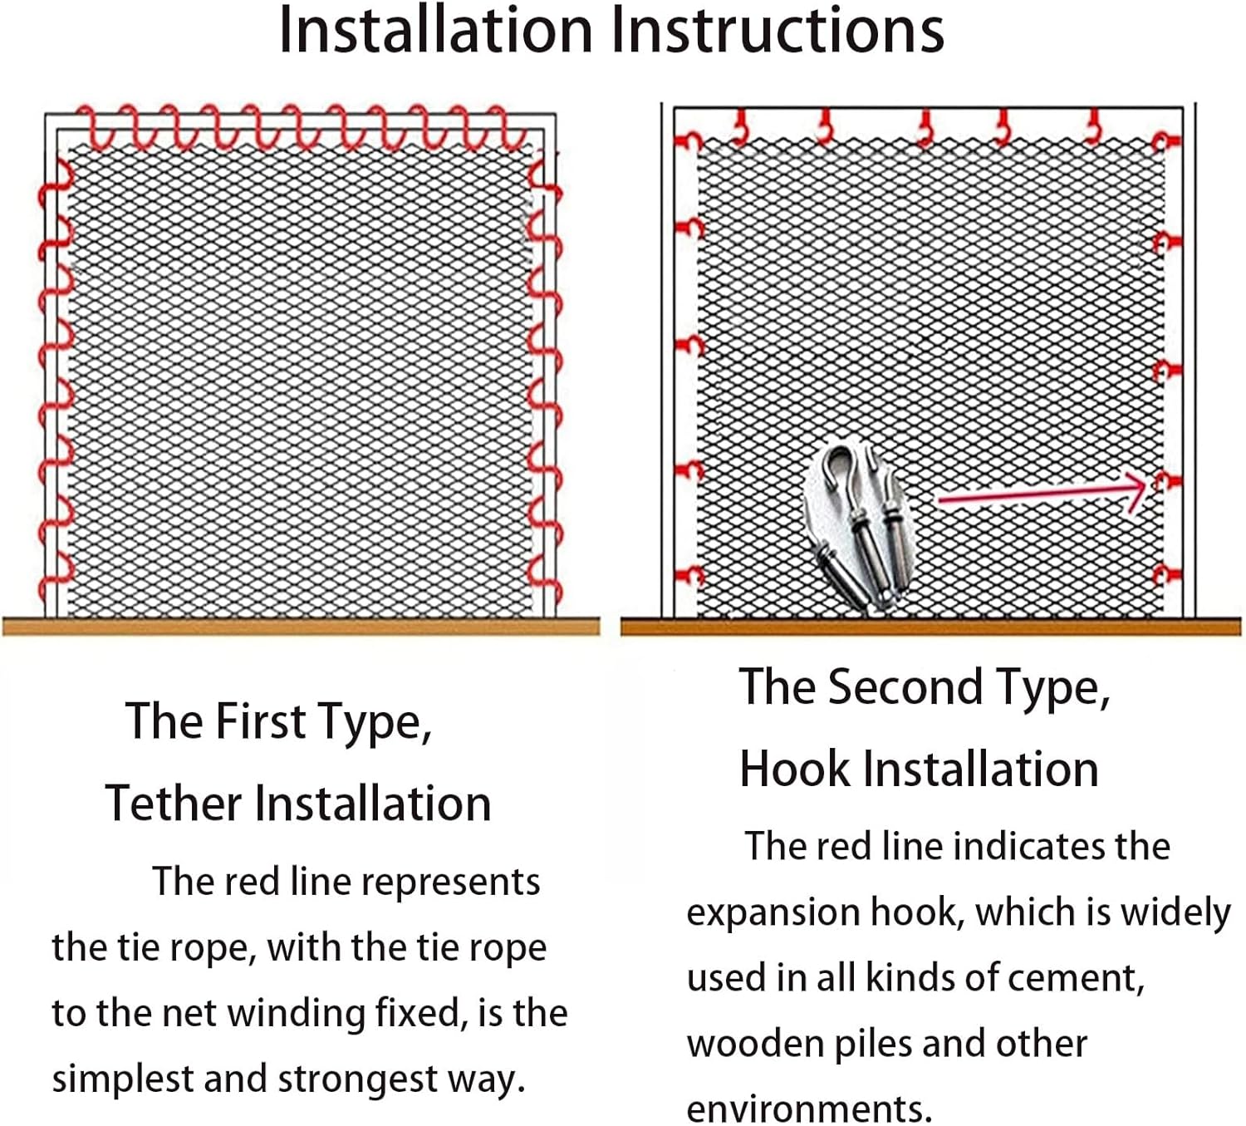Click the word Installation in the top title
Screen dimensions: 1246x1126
click(436, 30)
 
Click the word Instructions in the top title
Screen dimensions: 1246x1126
click(778, 30)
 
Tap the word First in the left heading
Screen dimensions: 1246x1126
click(262, 720)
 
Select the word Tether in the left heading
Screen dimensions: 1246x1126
click(173, 803)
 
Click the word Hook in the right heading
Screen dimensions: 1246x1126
click(794, 770)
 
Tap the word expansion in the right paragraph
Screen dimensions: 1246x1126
click(773, 913)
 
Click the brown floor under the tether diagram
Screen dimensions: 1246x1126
click(302, 627)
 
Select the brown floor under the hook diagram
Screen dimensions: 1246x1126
click(930, 627)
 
